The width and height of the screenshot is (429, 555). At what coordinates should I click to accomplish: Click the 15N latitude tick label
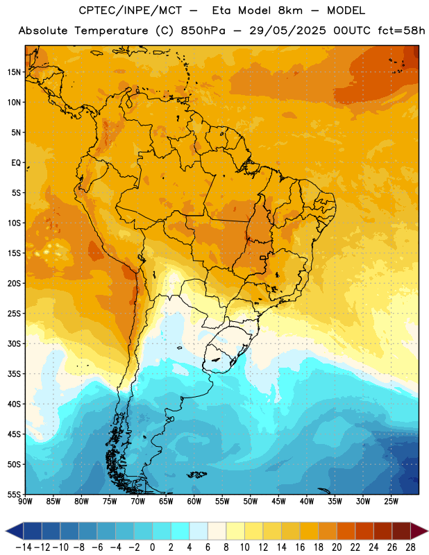click(14, 72)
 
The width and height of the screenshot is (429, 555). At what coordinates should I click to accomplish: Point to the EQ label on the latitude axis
click(16, 163)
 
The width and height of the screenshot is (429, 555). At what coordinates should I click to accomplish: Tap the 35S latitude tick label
click(14, 374)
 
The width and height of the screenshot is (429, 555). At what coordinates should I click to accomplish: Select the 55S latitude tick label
click(14, 495)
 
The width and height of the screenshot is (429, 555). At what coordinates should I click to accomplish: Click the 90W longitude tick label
click(25, 501)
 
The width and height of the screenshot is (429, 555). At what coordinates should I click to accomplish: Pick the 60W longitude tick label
click(194, 501)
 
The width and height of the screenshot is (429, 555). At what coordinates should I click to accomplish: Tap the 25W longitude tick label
click(391, 501)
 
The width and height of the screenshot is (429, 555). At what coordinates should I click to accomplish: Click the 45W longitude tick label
click(278, 501)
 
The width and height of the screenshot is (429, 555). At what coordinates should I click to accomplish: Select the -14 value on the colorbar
click(24, 547)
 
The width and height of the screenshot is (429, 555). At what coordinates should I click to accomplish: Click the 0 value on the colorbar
click(152, 547)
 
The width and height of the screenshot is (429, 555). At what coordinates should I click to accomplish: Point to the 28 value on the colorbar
click(410, 547)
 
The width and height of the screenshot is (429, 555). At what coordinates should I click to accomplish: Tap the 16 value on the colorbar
click(300, 547)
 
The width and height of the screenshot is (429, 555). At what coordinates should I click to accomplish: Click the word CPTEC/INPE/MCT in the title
click(131, 10)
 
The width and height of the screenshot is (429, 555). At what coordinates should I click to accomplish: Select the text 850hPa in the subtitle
click(203, 31)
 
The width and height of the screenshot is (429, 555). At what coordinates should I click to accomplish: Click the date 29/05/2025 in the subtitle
click(287, 31)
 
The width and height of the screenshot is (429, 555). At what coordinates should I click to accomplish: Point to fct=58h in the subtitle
click(401, 31)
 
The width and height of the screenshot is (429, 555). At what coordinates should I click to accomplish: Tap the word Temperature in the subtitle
click(111, 31)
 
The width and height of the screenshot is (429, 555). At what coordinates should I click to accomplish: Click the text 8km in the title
click(290, 10)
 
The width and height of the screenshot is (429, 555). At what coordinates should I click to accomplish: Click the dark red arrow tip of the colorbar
click(419, 531)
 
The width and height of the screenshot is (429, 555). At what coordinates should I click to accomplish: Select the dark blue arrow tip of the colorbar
click(14, 531)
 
